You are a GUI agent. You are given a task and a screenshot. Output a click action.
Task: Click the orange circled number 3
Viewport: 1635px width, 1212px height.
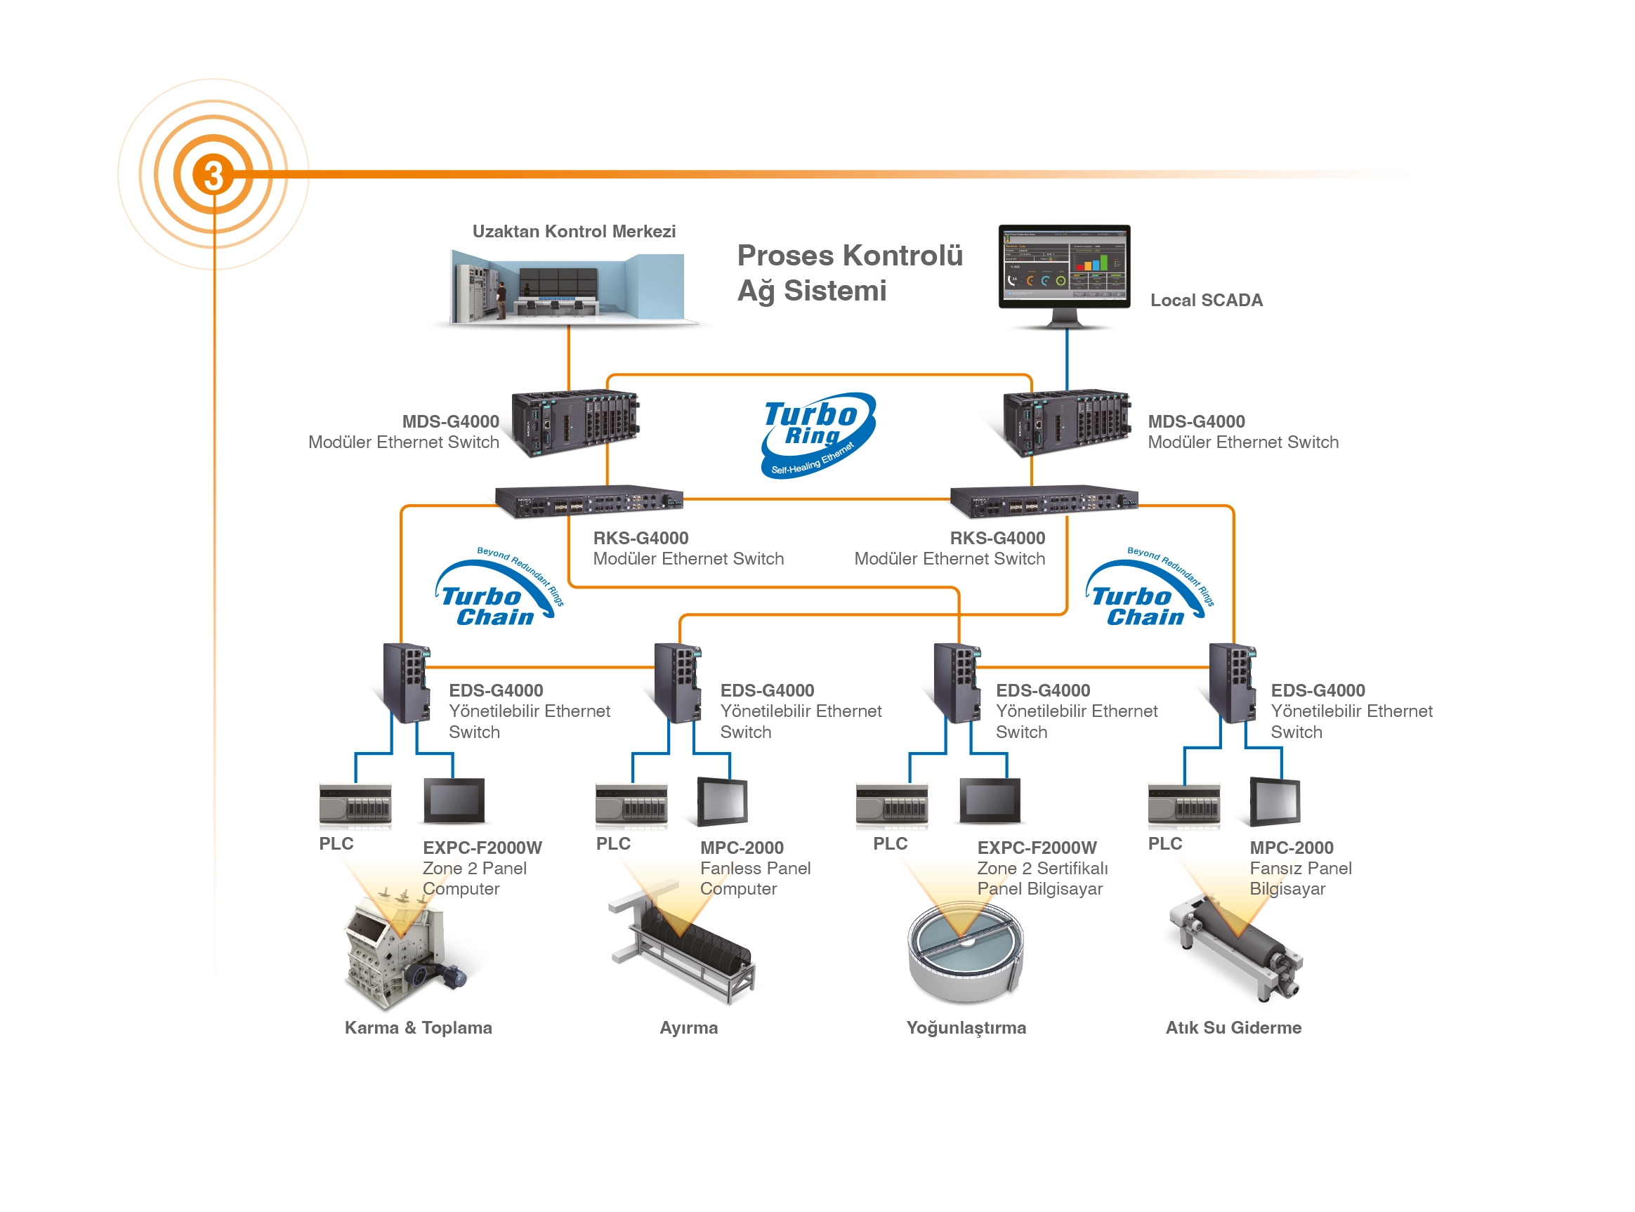click(x=213, y=175)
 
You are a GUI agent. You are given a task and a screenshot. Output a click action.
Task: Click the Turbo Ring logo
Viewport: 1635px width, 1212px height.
click(x=817, y=435)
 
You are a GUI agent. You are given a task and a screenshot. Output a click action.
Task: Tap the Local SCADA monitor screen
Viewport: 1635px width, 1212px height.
click(x=1063, y=265)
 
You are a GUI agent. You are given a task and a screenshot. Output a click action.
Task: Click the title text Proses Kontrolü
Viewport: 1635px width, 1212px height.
click(x=849, y=256)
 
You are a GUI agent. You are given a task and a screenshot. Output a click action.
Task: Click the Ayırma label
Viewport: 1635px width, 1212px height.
click(x=688, y=1027)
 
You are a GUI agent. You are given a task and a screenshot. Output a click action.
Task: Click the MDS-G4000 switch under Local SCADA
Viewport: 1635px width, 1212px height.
click(x=1065, y=423)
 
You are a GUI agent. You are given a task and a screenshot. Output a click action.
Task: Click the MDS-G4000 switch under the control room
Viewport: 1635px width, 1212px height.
click(x=574, y=423)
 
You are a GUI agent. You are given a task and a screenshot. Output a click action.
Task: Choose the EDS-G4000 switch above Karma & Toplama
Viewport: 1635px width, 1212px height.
click(x=407, y=683)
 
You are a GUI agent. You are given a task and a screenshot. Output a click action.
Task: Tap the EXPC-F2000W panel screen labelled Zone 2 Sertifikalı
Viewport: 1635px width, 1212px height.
click(x=990, y=800)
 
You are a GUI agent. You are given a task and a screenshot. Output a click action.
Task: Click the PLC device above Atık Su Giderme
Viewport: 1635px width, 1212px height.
click(x=1183, y=805)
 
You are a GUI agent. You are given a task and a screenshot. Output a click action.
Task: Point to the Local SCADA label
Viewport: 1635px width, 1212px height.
click(x=1206, y=300)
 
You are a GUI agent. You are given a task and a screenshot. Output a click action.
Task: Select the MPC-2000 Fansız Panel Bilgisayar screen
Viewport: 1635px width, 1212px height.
click(x=1276, y=801)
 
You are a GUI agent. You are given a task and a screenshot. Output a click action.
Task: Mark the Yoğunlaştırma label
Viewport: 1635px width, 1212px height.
click(x=966, y=1027)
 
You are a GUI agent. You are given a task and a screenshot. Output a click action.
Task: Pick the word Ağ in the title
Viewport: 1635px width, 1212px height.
click(x=756, y=291)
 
